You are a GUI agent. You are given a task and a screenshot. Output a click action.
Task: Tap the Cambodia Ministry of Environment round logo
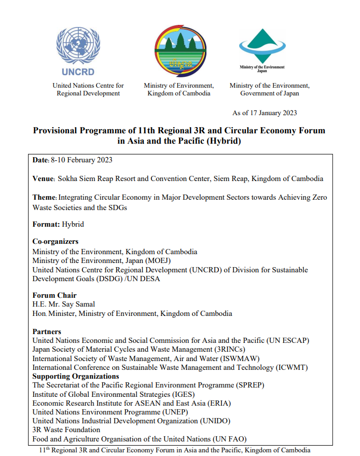(180, 51)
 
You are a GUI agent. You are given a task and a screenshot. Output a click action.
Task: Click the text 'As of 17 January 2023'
(265, 113)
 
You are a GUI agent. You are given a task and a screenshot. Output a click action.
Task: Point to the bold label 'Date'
(40, 160)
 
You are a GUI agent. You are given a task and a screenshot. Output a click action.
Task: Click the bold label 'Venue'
(43, 179)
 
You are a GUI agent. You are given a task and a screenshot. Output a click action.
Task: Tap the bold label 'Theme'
(44, 198)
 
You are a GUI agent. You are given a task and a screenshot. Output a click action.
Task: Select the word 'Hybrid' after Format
(73, 225)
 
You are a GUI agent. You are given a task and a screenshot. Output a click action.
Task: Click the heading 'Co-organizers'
(56, 242)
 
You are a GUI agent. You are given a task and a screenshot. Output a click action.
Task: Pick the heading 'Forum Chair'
(54, 296)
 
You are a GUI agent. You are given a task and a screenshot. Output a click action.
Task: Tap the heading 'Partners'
(47, 331)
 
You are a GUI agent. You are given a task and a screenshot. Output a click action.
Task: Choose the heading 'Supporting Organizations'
(76, 376)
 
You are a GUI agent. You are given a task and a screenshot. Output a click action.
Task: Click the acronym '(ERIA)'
(218, 403)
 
